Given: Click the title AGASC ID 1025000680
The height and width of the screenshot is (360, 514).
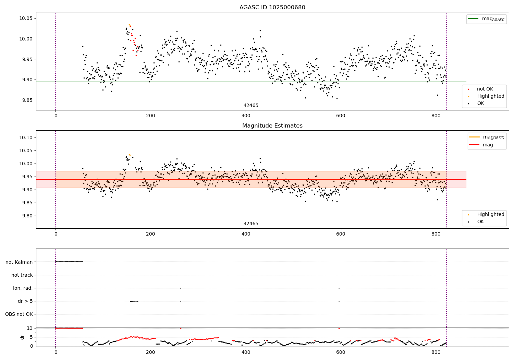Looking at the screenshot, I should point(272,8).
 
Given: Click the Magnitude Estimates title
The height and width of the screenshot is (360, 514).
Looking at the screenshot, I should point(272,126).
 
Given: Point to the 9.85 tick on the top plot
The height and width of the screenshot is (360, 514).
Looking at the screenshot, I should point(27,100).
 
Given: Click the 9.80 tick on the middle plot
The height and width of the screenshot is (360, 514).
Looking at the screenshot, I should point(27,216).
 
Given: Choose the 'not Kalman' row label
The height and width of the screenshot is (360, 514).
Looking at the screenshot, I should point(19,262).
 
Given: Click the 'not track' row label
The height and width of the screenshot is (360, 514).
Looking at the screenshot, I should point(22,275).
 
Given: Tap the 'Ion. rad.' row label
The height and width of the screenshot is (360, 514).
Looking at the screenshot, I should point(23,288).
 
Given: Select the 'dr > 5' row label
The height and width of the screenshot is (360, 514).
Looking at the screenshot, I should point(25,301).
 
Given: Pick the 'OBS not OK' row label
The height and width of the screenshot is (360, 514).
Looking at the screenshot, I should point(19,314).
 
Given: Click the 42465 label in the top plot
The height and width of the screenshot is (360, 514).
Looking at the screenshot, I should point(251,105).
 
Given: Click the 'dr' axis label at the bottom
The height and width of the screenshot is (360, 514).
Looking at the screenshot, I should point(22,337).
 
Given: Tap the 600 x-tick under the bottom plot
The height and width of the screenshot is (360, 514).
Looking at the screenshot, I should point(341,352).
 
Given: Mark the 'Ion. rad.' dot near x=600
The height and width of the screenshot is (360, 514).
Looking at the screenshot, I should point(339,288).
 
